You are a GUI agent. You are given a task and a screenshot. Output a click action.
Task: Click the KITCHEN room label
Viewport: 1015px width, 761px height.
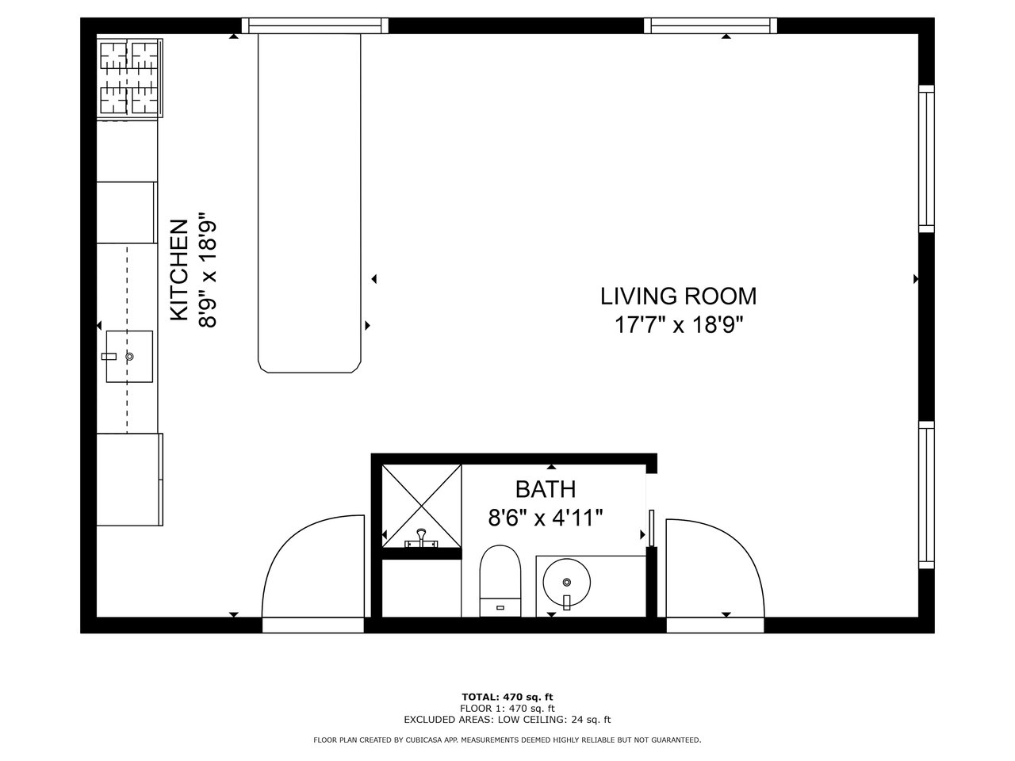[x=179, y=270]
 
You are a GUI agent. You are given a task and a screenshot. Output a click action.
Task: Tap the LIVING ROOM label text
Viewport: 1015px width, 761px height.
[x=678, y=296]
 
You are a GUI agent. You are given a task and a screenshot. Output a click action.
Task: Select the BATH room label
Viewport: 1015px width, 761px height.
[x=546, y=489]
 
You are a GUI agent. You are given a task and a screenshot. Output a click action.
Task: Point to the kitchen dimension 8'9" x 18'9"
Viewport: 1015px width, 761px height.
[x=208, y=270]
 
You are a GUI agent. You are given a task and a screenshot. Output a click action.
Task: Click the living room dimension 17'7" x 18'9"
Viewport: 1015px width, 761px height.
[x=678, y=325]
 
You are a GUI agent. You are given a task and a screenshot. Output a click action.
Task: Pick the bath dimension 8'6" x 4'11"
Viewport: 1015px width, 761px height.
[x=546, y=518]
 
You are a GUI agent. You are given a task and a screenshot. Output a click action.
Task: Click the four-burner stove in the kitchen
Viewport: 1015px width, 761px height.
[x=129, y=78]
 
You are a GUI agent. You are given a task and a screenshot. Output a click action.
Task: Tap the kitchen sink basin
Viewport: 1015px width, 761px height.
[x=129, y=356]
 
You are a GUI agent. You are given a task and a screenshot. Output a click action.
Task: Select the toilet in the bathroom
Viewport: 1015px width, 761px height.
[x=500, y=580]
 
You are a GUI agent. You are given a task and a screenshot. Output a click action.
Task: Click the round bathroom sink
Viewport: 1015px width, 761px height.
[x=566, y=582]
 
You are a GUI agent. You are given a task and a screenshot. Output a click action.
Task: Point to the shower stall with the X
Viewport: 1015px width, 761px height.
[x=422, y=506]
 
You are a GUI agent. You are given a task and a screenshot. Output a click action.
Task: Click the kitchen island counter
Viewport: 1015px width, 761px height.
[x=309, y=203]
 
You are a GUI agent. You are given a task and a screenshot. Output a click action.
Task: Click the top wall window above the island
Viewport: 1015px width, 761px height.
[x=315, y=25]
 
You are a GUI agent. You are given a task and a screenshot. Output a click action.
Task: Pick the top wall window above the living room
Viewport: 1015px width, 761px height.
[x=710, y=25]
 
